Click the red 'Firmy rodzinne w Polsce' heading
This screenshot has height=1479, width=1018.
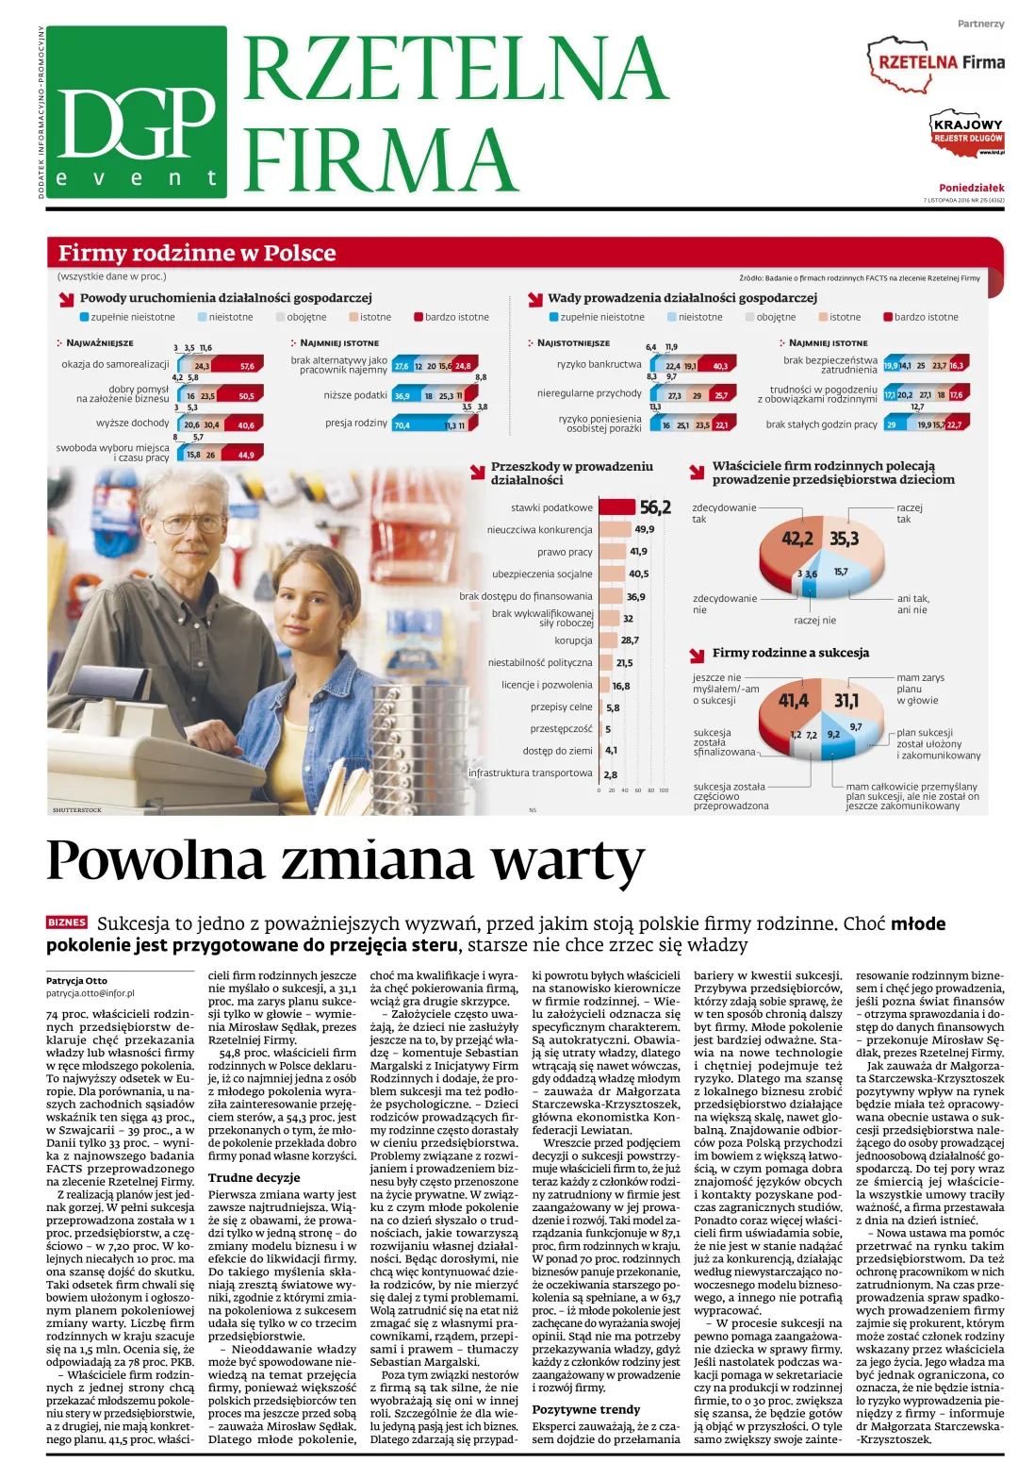(197, 253)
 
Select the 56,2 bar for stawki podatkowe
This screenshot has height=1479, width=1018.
(617, 507)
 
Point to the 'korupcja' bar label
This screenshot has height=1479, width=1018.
(573, 640)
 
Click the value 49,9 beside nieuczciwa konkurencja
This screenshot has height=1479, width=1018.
(645, 530)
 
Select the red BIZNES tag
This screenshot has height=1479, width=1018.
(67, 922)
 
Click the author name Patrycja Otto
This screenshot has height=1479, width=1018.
(76, 981)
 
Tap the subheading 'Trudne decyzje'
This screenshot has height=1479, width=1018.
(254, 1177)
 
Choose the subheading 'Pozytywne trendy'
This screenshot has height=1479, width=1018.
(586, 1409)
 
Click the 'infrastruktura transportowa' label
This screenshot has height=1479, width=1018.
(531, 773)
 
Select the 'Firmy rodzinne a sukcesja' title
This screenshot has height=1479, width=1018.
(790, 653)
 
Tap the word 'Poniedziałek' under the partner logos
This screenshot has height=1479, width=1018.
(971, 188)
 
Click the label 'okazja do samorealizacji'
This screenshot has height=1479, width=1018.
(115, 365)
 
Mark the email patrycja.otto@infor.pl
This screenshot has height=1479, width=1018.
(90, 993)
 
